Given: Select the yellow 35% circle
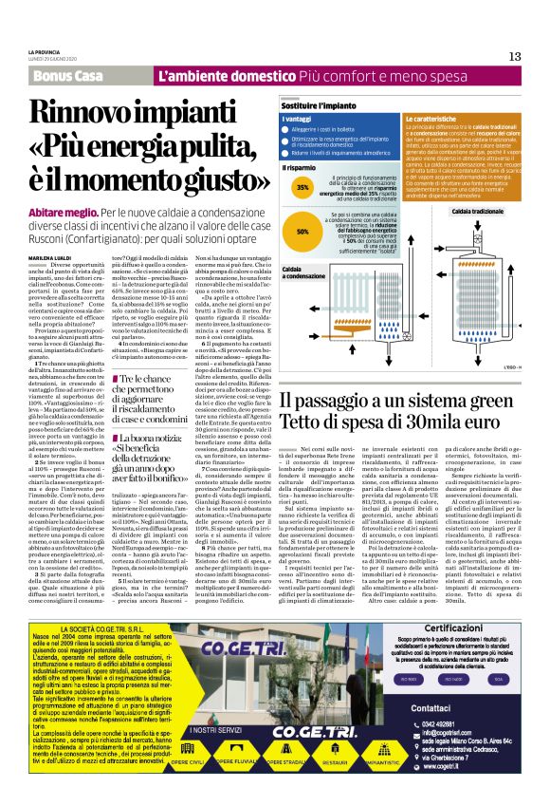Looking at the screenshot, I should (302, 188).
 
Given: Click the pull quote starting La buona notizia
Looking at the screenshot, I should (153, 439).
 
